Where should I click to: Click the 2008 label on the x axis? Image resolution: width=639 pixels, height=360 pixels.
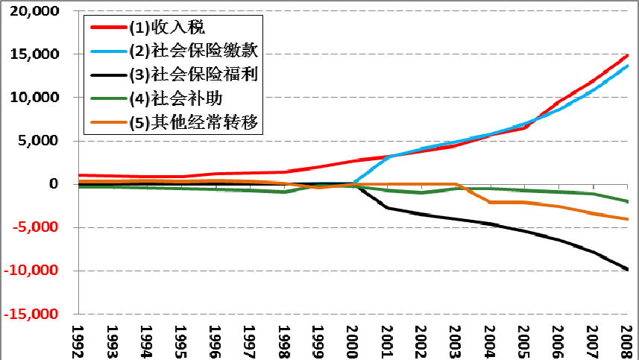click(x=627, y=340)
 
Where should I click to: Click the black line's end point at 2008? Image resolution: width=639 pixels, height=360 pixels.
click(x=628, y=269)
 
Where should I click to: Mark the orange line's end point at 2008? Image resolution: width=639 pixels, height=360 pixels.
click(x=628, y=219)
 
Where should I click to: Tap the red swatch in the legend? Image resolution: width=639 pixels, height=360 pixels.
click(x=107, y=28)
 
